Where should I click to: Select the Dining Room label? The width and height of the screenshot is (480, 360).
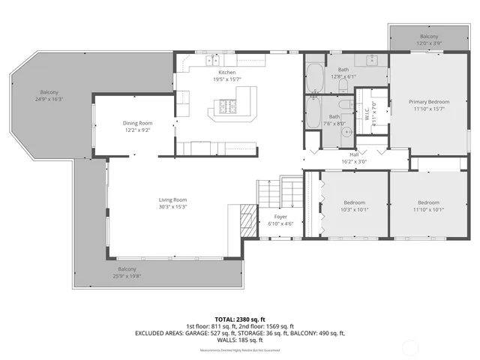[138, 123]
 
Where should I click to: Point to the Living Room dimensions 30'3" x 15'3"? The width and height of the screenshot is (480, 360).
[172, 208]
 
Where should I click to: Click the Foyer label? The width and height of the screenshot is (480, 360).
[270, 216]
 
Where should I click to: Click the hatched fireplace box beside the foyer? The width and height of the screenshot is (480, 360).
[247, 220]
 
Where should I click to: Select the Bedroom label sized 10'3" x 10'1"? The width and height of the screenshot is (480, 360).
[354, 202]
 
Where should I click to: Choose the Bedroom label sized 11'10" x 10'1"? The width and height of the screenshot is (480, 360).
[428, 202]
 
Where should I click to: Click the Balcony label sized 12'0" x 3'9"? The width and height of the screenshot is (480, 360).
[428, 36]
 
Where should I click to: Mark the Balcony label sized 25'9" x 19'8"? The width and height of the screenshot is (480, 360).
[127, 268]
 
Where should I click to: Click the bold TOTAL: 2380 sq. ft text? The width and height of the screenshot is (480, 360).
[240, 318]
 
